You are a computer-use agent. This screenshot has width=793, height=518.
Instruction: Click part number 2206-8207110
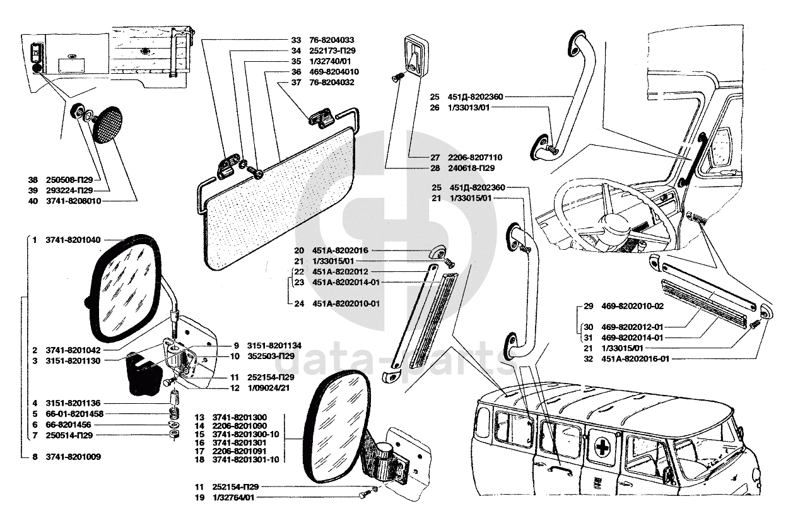pyautogui.click(x=476, y=156)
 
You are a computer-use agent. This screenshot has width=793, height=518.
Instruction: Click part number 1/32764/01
pyautogui.click(x=234, y=498)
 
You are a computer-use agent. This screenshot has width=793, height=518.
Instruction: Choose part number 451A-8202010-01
pyautogui.click(x=346, y=303)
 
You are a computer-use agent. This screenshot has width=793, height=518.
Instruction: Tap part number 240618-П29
pyautogui.click(x=471, y=168)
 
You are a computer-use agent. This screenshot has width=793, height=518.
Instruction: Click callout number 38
pyautogui.click(x=33, y=179)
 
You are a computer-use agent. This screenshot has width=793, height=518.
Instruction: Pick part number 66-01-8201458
pyautogui.click(x=74, y=413)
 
